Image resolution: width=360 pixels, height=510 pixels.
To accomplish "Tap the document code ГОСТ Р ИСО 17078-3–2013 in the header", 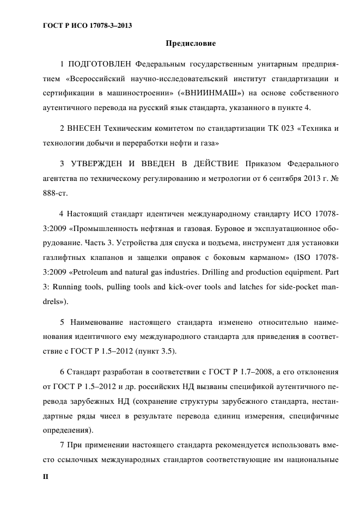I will pyautogui.click(x=87, y=25).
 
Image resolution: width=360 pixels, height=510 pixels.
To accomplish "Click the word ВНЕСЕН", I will pyautogui.click(x=86, y=129).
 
